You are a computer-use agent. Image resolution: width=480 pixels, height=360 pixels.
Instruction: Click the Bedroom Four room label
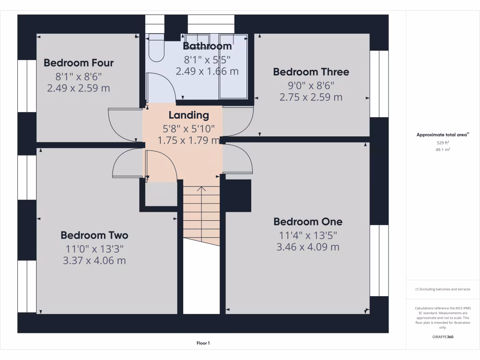(x=79, y=63)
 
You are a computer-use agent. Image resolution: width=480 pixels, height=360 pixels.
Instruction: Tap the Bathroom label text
(x=207, y=46)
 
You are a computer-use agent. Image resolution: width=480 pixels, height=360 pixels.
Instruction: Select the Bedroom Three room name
(x=311, y=72)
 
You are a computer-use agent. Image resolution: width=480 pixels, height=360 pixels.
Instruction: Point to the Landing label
(x=188, y=115)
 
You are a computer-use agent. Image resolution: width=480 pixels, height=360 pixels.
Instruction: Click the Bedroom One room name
(x=308, y=222)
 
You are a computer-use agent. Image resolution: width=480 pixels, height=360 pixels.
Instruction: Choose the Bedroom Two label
(x=94, y=235)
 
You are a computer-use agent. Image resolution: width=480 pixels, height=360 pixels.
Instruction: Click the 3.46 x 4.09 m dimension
(x=308, y=247)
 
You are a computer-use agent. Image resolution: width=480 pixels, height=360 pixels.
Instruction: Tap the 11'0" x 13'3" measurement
(x=94, y=248)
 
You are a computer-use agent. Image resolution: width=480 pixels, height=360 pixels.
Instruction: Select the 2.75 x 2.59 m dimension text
(x=311, y=97)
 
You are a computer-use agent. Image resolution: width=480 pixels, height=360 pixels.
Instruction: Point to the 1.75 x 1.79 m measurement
(x=188, y=140)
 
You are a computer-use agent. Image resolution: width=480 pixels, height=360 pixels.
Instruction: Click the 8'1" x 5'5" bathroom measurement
(x=207, y=59)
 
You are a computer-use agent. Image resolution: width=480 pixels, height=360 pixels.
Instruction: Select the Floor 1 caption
(x=203, y=344)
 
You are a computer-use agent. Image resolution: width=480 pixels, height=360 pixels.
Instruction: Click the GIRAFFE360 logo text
(x=442, y=337)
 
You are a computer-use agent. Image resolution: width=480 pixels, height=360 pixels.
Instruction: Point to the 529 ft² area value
(x=442, y=142)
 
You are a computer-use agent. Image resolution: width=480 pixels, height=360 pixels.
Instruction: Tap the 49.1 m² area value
(x=442, y=150)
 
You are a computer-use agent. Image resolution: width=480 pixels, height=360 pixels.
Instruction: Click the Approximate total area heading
(x=442, y=135)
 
